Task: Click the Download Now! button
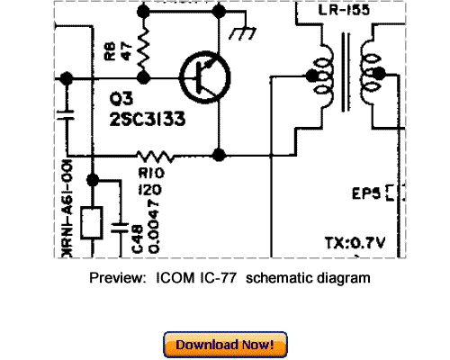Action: coord(225,345)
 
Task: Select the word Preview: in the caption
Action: coord(117,278)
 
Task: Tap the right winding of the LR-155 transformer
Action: coord(370,76)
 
